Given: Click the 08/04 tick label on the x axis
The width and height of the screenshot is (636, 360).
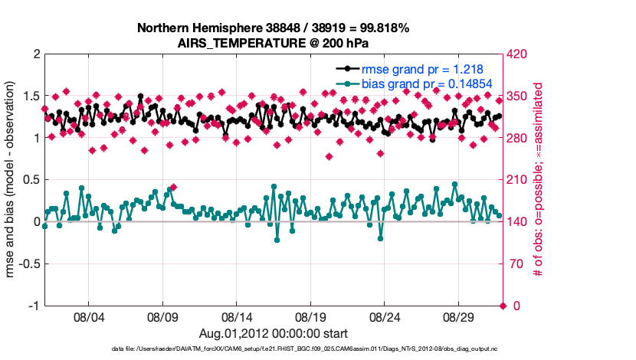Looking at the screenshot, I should [x=87, y=316].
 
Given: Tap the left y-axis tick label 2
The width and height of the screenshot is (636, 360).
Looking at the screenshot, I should [x=36, y=55].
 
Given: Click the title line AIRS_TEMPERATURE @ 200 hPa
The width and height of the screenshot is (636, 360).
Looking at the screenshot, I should [x=273, y=42].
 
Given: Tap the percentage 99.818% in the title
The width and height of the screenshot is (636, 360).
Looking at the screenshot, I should [x=380, y=28].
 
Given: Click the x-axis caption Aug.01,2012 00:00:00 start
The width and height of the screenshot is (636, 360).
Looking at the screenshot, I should [x=274, y=333].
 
